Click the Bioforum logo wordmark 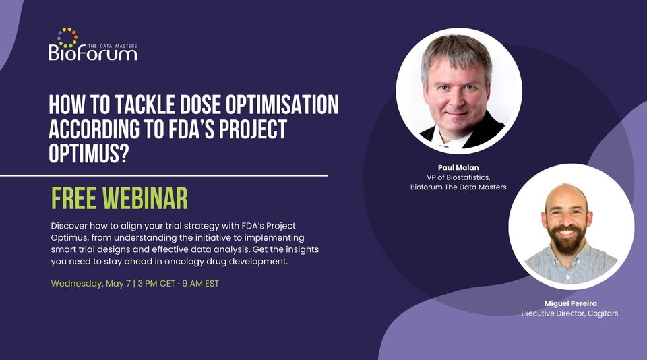pos(92,53)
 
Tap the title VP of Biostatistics pos(458,177)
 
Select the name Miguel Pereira pos(571,303)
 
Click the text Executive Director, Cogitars pos(569,313)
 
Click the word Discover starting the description pos(71,224)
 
